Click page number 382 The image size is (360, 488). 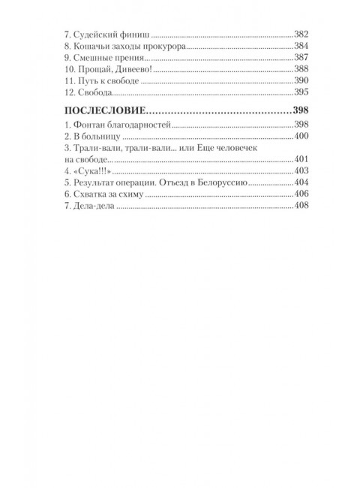click(301, 35)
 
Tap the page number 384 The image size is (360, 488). click(301, 47)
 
